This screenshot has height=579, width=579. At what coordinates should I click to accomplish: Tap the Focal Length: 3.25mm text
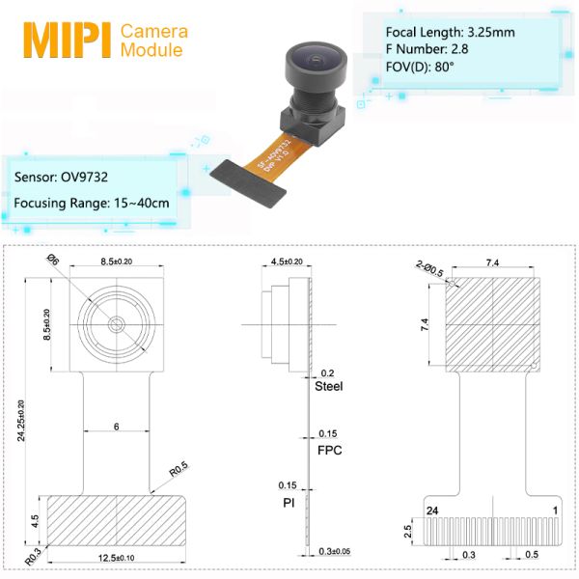[450, 32]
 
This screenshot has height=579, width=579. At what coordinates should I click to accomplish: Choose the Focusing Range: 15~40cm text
[92, 203]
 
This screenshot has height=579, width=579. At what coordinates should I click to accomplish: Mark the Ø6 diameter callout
[54, 260]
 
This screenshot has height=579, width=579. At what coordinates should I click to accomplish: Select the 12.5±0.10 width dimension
[116, 558]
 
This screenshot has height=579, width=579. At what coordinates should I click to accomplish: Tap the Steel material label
[329, 386]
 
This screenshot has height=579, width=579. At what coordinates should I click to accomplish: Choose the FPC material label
[329, 450]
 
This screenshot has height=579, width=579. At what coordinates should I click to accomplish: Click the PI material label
[289, 502]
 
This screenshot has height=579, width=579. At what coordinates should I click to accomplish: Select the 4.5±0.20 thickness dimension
[288, 262]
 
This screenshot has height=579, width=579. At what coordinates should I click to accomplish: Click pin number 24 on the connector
[431, 509]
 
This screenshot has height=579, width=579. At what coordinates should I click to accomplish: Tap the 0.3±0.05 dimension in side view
[332, 551]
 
